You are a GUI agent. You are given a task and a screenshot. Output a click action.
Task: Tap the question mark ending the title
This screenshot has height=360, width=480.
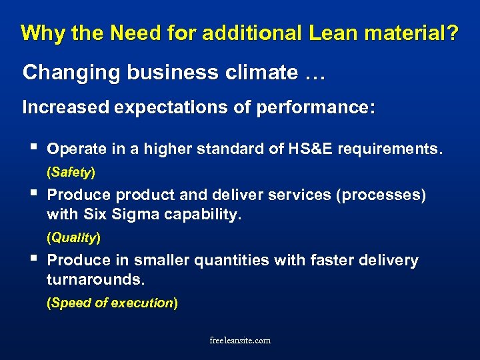(453, 33)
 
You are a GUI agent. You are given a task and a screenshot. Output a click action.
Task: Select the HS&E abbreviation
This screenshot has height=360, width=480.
(307, 149)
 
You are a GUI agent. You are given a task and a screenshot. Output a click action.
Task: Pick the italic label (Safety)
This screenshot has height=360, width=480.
(71, 172)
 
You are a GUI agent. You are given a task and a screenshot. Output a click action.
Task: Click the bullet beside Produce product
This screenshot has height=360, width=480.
(27, 194)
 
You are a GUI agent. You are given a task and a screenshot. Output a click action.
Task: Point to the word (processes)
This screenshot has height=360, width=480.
(377, 195)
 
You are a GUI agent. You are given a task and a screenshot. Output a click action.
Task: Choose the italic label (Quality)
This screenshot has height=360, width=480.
(73, 237)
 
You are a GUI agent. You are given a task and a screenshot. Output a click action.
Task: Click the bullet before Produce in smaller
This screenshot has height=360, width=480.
(27, 259)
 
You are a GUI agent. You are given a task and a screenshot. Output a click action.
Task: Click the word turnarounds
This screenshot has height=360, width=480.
(95, 280)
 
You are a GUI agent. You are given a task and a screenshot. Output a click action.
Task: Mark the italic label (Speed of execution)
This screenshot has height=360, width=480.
(112, 303)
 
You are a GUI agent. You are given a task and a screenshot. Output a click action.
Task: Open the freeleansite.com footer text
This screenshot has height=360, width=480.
(240, 341)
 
